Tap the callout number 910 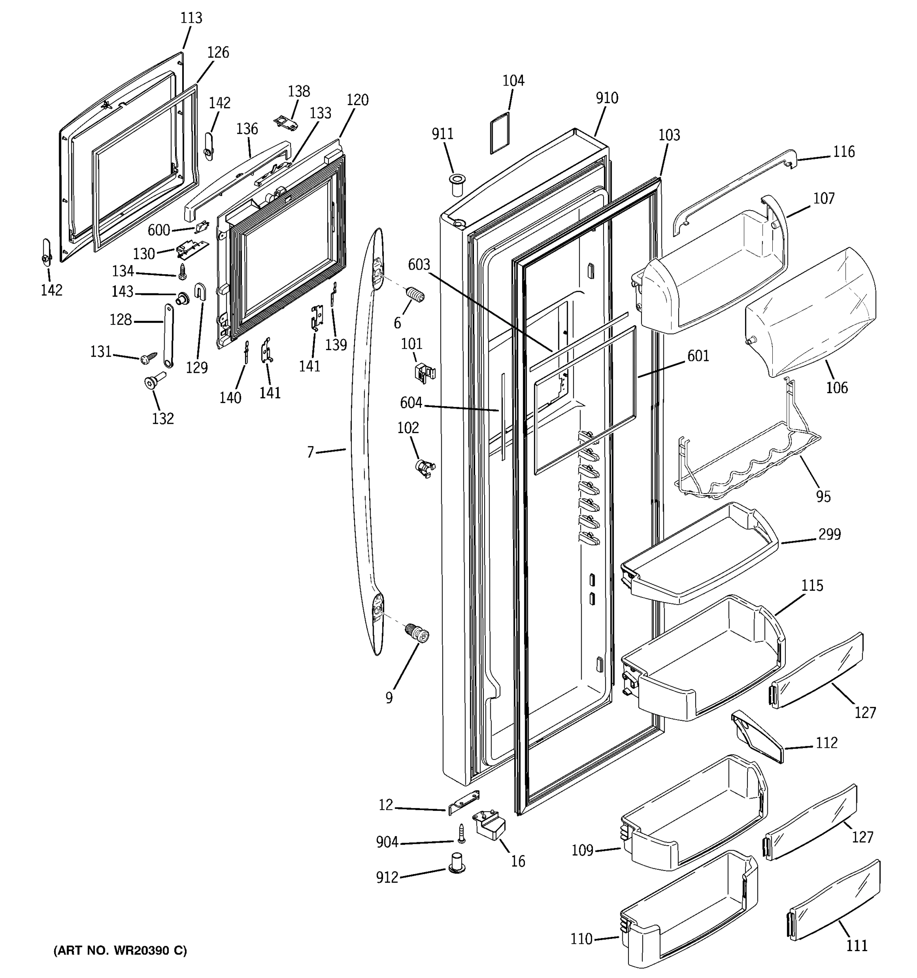tap(607, 98)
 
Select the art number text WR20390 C tap(149, 950)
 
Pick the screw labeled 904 tap(461, 833)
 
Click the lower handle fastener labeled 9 tap(417, 633)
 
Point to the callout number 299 tap(830, 534)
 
